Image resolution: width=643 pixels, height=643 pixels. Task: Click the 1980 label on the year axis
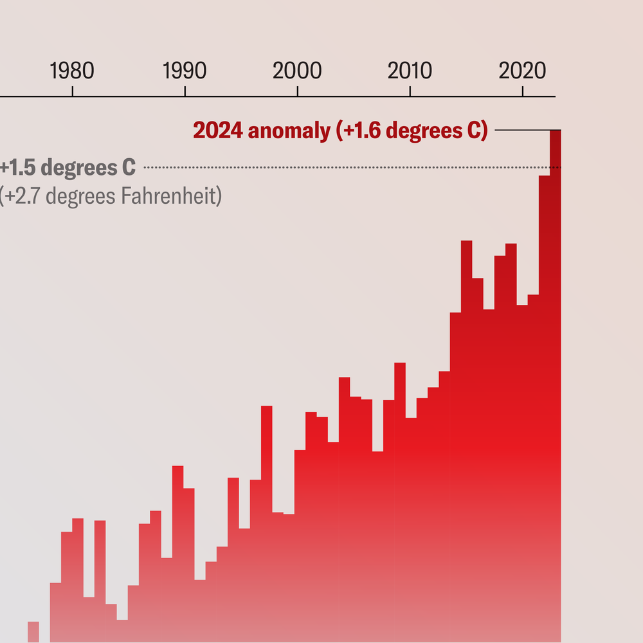pyautogui.click(x=72, y=71)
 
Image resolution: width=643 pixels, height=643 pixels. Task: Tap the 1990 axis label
pyautogui.click(x=185, y=71)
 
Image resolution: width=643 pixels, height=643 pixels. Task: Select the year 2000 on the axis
pyautogui.click(x=297, y=71)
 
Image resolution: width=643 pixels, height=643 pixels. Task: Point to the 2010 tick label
pyautogui.click(x=409, y=71)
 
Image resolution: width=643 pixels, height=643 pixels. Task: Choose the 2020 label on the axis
pyautogui.click(x=522, y=71)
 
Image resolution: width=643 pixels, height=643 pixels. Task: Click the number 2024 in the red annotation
pyautogui.click(x=218, y=131)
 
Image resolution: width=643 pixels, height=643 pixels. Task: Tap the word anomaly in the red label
pyautogui.click(x=289, y=131)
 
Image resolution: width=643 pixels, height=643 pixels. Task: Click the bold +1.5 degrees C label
pyautogui.click(x=68, y=168)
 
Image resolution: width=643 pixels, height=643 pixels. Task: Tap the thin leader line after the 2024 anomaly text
pyautogui.click(x=521, y=131)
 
